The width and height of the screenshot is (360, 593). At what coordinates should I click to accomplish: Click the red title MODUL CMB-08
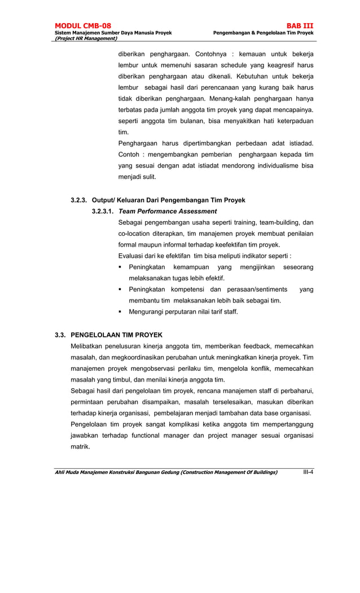(x=82, y=26)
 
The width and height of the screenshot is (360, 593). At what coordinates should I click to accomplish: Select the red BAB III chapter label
(x=300, y=26)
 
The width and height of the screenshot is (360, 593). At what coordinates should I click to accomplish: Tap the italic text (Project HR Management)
(x=85, y=38)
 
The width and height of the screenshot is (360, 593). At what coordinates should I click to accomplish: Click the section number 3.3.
(x=60, y=335)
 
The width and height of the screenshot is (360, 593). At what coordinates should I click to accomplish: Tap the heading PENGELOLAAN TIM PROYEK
(x=116, y=335)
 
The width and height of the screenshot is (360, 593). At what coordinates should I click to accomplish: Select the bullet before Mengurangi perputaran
(x=121, y=312)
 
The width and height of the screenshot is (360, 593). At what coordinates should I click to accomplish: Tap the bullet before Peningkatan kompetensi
(x=121, y=289)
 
